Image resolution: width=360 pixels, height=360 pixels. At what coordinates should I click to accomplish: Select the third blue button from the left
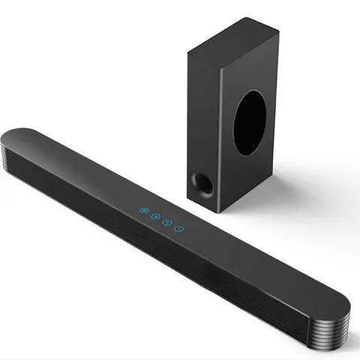[x=166, y=220]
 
